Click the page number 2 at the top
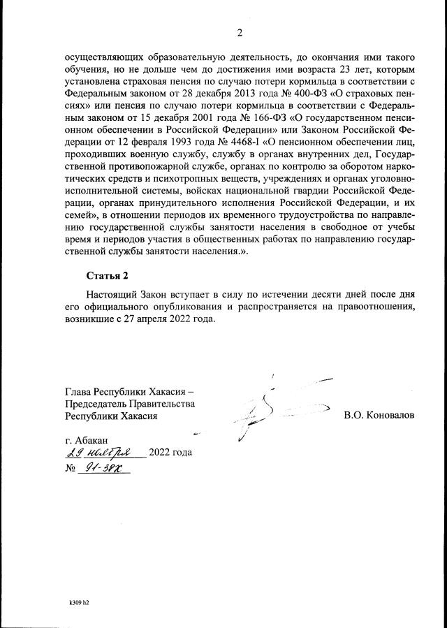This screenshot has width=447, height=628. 238,33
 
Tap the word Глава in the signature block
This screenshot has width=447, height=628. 78,390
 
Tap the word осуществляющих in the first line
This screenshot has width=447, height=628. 105,58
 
